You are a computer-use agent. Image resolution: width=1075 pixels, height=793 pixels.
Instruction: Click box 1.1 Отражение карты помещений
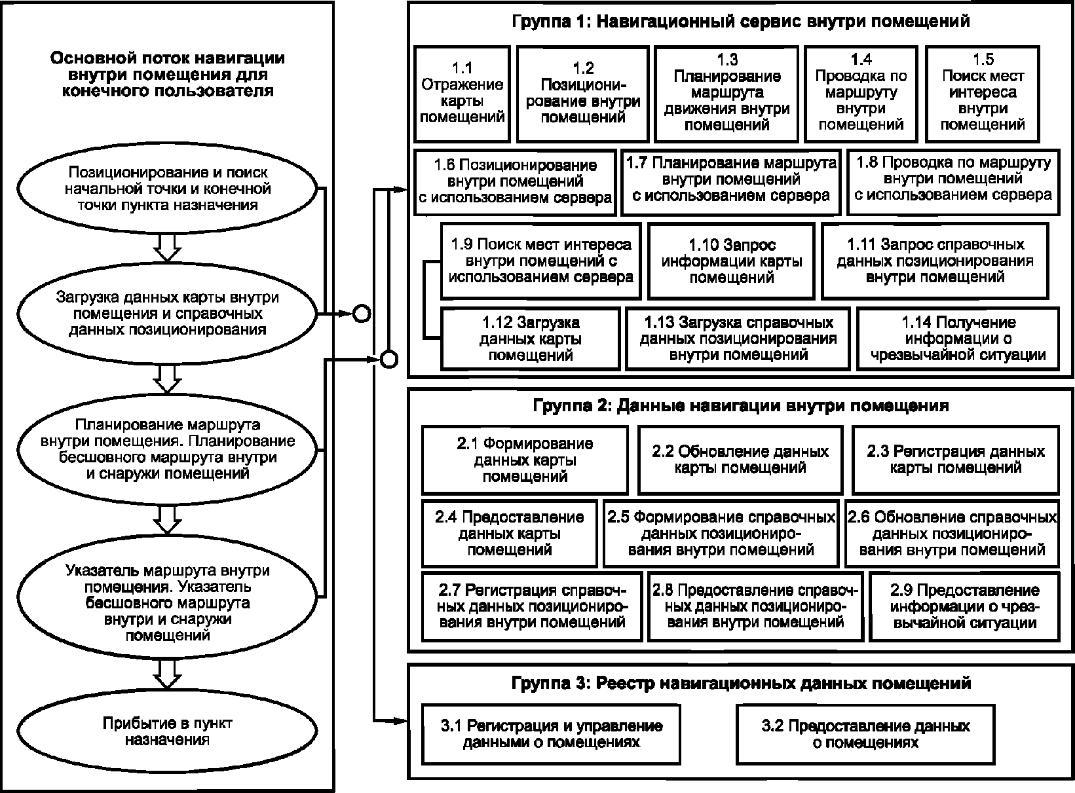point(462,94)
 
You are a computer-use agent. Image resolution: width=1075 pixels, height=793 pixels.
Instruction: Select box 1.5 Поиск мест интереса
point(983,94)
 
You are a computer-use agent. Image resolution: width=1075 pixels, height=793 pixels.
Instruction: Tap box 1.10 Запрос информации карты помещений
point(731,261)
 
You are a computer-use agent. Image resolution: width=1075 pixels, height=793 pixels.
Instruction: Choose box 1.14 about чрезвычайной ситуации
point(958,339)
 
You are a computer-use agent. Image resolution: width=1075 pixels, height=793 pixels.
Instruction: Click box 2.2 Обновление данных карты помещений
point(740,460)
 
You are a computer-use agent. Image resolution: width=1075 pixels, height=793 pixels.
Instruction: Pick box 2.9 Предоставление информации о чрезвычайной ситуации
point(964,606)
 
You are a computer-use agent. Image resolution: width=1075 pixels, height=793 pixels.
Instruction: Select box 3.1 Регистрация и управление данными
point(551,734)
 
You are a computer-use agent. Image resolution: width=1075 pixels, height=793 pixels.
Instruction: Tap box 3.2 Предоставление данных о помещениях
point(865,734)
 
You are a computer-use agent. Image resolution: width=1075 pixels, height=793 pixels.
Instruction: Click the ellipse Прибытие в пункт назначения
point(167,731)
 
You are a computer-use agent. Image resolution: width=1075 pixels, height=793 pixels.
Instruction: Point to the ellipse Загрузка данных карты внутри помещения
point(167,314)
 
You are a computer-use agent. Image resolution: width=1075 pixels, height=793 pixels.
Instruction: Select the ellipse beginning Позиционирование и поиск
point(167,189)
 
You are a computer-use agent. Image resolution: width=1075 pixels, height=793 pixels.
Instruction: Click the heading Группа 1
point(740,22)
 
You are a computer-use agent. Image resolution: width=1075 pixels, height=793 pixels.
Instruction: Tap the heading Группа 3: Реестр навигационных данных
point(741,683)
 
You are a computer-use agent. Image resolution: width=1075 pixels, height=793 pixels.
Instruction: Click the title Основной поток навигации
point(168,74)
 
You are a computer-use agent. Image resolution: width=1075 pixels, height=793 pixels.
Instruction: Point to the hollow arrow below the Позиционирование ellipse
point(167,249)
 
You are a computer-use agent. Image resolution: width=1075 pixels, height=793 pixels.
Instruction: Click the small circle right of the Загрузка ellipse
point(362,314)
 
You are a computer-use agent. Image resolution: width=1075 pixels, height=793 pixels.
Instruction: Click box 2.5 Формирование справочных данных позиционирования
point(721,533)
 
